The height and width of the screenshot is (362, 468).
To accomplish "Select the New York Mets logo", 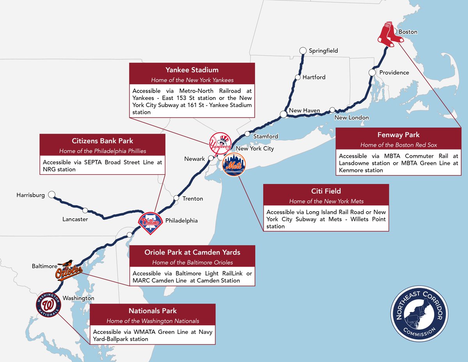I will tap(234, 164).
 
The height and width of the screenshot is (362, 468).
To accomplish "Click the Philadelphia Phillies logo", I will tap(151, 223).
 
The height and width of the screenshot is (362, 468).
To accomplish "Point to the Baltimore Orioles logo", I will tap(69, 271).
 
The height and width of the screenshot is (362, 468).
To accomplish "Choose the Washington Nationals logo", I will tap(49, 305).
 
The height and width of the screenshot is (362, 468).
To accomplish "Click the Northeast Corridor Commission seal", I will tap(419, 314).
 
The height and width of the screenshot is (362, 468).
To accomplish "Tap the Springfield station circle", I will tap(303, 51).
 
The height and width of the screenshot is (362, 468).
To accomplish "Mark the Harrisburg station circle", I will tap(51, 194).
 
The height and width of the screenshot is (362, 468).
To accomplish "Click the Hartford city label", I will tap(314, 77).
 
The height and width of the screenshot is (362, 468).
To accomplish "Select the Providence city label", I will tap(394, 73).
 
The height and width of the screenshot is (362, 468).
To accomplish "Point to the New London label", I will tap(351, 118).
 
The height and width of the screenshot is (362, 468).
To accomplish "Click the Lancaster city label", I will tap(75, 219).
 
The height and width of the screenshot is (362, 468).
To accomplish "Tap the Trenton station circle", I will tap(176, 198).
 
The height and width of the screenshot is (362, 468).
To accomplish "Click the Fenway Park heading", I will tap(398, 135).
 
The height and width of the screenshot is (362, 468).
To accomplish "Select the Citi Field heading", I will tap(326, 191).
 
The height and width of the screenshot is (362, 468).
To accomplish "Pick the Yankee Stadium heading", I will tap(192, 70).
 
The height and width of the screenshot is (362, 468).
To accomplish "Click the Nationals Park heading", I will tap(152, 311).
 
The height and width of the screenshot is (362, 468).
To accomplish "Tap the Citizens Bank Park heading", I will tap(103, 141).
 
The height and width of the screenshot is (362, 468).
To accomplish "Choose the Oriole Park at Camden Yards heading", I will tap(192, 252).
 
